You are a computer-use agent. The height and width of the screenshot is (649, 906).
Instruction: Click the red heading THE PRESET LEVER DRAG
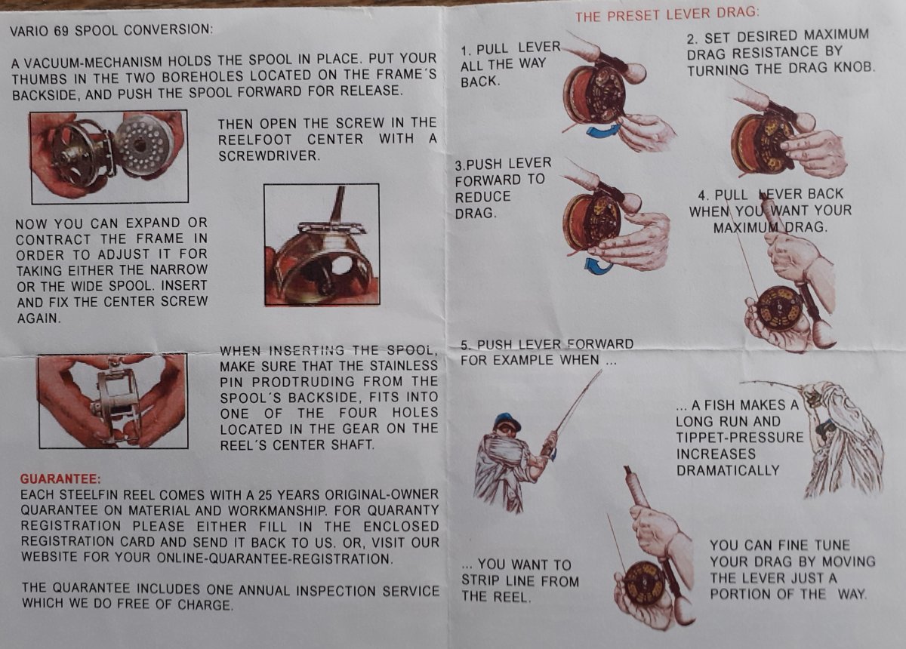(667, 14)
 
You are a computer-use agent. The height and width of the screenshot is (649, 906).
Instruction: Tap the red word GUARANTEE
(60, 479)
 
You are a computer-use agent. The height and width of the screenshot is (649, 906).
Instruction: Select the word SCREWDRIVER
(269, 156)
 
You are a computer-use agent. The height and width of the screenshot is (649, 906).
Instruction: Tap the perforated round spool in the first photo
(143, 146)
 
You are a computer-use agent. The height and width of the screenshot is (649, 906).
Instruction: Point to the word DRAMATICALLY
(728, 470)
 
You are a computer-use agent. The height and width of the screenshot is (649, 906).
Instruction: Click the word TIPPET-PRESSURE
(740, 438)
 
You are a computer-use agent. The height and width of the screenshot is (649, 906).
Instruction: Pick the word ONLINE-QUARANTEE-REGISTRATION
(274, 558)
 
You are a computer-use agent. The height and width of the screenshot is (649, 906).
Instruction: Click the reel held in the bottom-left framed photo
(117, 400)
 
